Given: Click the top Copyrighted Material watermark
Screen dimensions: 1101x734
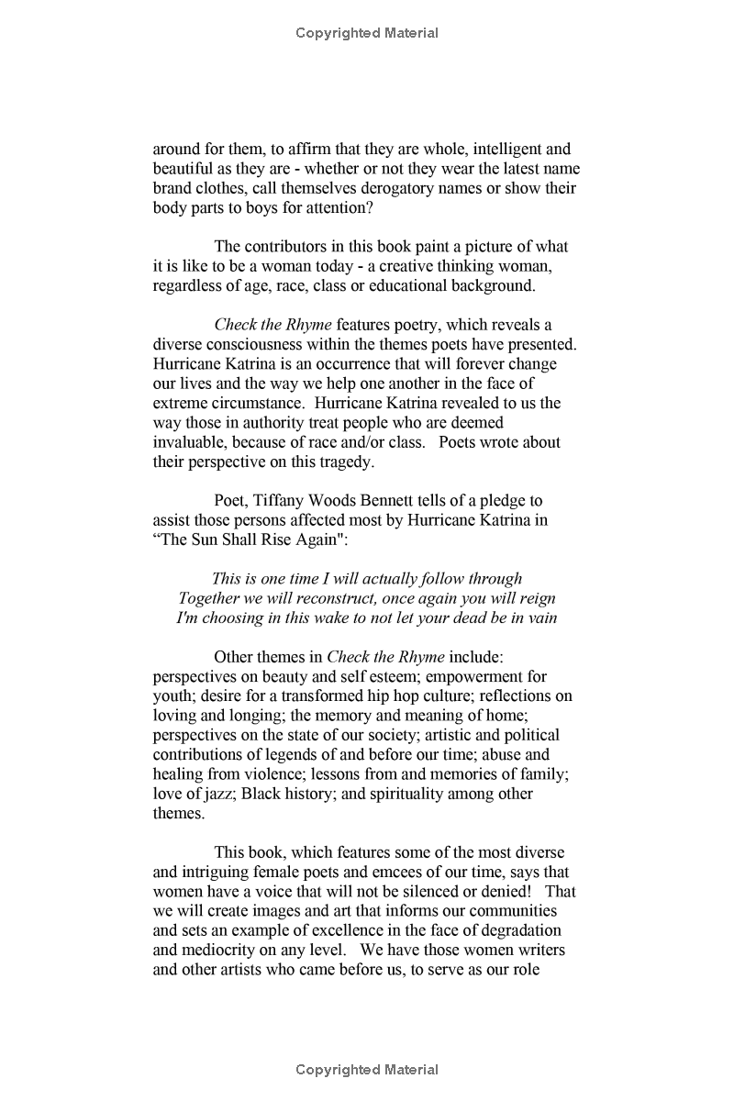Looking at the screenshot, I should (367, 33).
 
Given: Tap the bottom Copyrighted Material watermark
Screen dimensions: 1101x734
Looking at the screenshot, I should (367, 1070).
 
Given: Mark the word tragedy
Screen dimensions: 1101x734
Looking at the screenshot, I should (344, 462).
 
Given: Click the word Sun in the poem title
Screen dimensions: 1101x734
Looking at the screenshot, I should (207, 539).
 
